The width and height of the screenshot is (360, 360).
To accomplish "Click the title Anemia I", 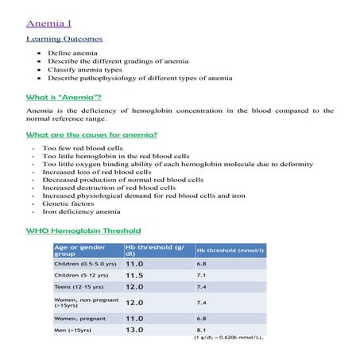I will (x=49, y=24).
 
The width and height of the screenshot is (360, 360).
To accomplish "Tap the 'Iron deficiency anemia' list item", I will (x=82, y=212).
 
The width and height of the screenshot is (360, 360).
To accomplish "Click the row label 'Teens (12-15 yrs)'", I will (x=79, y=287).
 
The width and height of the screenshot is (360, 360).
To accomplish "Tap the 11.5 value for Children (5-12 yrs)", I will (x=134, y=275).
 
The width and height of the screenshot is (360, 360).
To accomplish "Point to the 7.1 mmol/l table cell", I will (x=201, y=275).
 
